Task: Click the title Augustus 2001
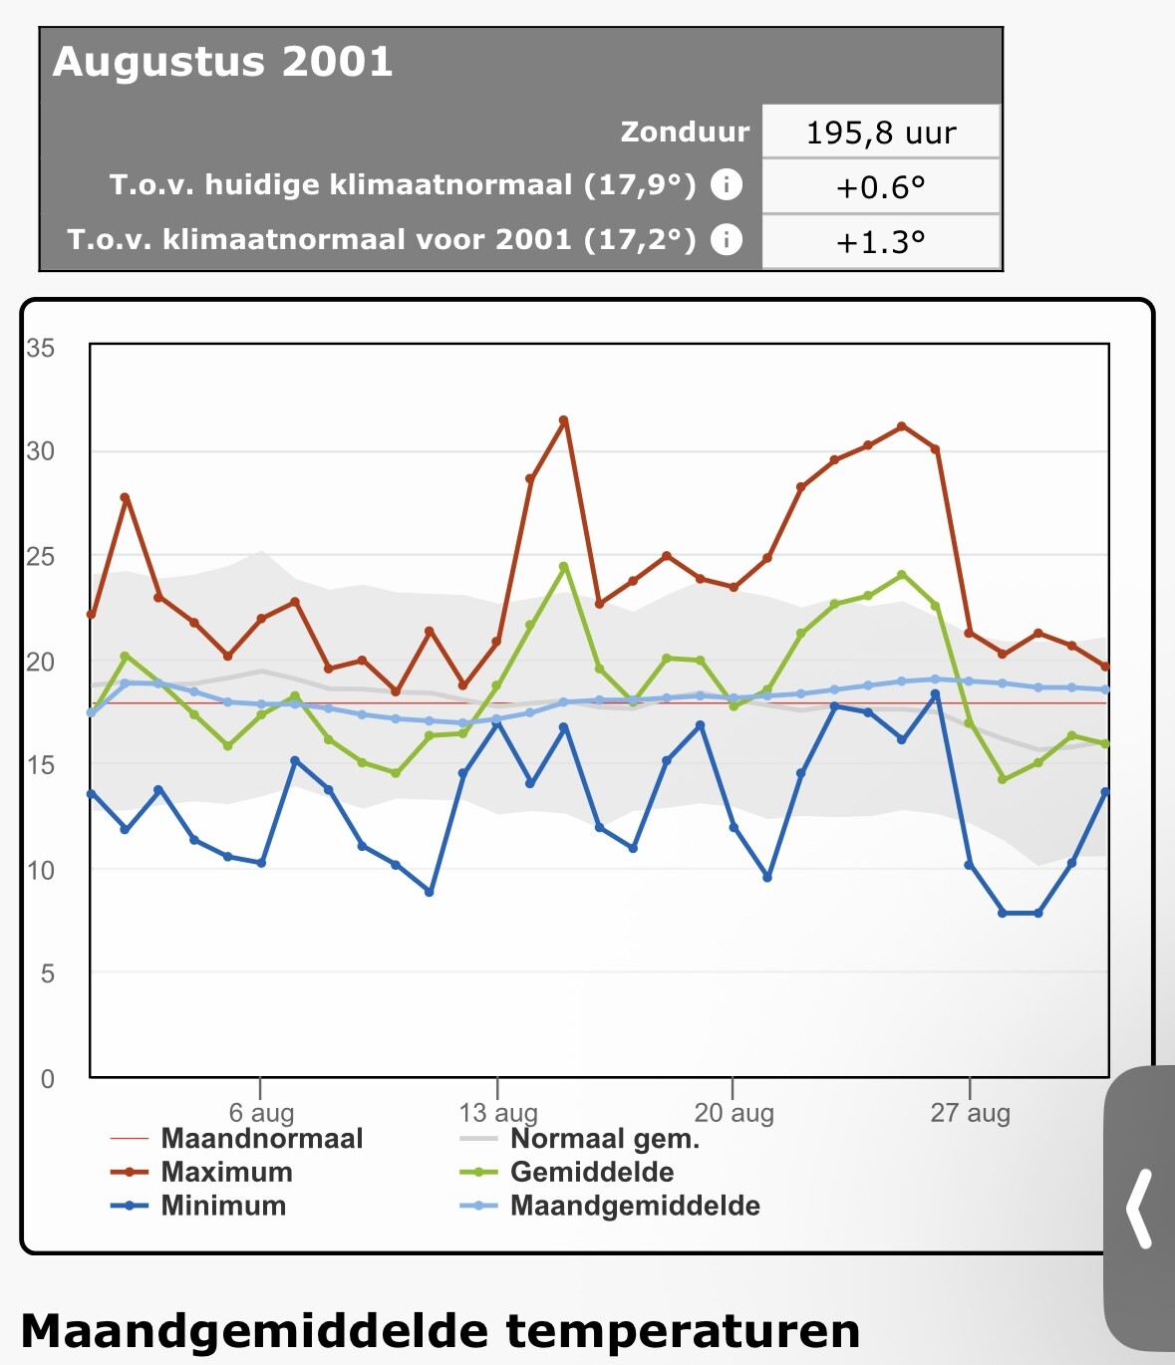click(x=223, y=62)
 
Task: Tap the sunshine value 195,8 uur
click(x=881, y=133)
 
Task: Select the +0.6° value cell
click(x=881, y=187)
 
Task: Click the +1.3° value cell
click(x=881, y=242)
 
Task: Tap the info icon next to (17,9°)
click(x=727, y=184)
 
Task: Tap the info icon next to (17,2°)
click(x=727, y=239)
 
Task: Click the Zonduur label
click(x=685, y=132)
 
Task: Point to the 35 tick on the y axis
click(x=41, y=348)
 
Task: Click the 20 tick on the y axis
click(x=41, y=662)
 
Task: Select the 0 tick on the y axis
click(x=47, y=1078)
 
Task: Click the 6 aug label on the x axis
click(x=261, y=1113)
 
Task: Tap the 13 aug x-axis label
click(x=497, y=1113)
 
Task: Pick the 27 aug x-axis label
click(x=970, y=1113)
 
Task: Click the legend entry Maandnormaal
click(x=262, y=1139)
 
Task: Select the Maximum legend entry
click(x=226, y=1172)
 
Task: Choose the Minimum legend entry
click(x=223, y=1206)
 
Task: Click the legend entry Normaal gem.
click(x=604, y=1139)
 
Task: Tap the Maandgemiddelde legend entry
click(x=635, y=1206)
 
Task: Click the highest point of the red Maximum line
click(x=564, y=420)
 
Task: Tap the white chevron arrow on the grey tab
click(x=1139, y=1208)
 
